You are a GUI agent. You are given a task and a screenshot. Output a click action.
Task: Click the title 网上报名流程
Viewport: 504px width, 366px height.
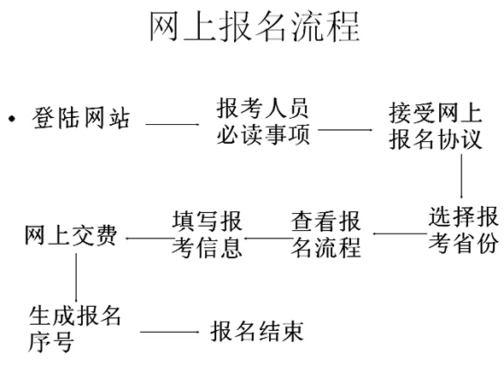[x=255, y=27]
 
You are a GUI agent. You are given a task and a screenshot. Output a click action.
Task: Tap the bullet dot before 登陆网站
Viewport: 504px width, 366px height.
[x=12, y=119]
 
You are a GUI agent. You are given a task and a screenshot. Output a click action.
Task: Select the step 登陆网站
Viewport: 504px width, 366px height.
[x=81, y=119]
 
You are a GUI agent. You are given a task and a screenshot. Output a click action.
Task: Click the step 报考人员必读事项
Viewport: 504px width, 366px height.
[x=262, y=121]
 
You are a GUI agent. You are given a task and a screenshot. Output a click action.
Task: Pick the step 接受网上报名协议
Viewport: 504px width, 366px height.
[x=436, y=127]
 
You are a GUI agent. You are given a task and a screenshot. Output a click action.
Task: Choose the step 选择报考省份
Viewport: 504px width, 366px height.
[x=463, y=229]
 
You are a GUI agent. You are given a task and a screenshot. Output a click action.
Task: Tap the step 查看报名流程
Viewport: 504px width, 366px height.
[x=325, y=234]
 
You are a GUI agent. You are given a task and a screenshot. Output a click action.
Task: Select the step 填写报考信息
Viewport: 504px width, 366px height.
[x=207, y=234]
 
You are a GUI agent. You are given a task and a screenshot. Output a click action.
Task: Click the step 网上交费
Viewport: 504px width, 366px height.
[x=71, y=236]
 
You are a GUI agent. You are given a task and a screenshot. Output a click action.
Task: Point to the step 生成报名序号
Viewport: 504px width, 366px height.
[x=74, y=328]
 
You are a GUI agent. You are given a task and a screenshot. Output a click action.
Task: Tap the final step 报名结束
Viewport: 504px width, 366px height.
[x=257, y=331]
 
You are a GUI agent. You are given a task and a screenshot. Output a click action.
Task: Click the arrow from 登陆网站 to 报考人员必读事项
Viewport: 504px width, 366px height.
[x=173, y=124]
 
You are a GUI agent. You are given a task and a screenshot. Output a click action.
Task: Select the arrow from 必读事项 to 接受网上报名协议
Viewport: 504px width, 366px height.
[x=345, y=130]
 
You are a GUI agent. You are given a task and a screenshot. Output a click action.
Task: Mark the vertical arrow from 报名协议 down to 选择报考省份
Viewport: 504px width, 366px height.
[x=461, y=176]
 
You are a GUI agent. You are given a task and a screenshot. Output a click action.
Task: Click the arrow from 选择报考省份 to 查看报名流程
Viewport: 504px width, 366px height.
[x=400, y=233]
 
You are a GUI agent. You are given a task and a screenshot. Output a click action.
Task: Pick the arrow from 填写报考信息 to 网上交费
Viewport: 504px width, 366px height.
[x=149, y=239]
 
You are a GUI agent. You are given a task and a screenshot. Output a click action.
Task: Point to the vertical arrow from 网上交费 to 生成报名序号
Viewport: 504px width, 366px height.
[x=76, y=278]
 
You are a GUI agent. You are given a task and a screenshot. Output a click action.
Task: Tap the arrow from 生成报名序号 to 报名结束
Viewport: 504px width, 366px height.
[x=170, y=332]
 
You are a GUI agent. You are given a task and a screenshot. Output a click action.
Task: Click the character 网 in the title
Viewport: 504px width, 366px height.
[x=164, y=27]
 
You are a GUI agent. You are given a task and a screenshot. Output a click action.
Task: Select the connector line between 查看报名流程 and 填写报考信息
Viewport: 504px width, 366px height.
[x=267, y=239]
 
